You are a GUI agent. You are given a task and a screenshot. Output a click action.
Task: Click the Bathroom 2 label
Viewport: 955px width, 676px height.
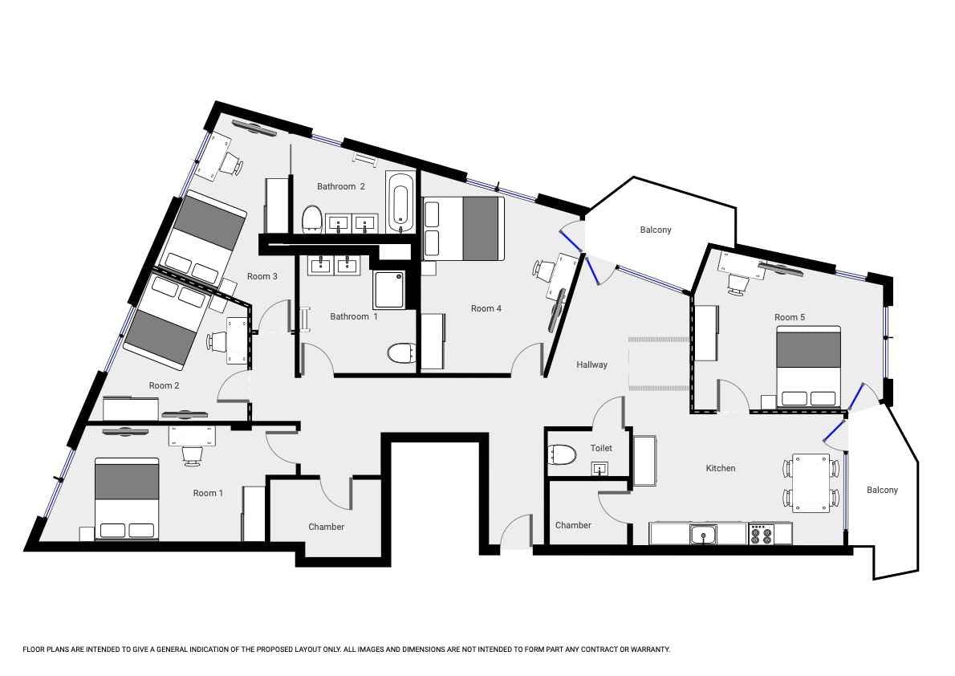coord(340,186)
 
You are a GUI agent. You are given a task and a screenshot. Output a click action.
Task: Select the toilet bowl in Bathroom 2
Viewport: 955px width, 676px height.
coord(312,218)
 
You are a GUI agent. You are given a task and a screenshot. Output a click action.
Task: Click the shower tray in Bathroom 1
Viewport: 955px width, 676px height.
coord(388,290)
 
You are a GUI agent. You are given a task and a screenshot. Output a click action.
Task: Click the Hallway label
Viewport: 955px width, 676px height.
coord(592,364)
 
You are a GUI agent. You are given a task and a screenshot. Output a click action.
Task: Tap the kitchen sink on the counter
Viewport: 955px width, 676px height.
coord(704,536)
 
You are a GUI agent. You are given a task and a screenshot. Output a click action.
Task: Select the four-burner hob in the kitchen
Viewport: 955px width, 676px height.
coord(762,534)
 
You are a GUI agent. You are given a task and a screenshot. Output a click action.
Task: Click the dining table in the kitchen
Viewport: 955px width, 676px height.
coord(811,483)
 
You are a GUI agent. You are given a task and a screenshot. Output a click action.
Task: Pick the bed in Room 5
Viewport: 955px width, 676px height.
coord(809,367)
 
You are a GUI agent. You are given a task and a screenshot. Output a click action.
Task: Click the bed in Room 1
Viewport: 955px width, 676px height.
coord(127,499)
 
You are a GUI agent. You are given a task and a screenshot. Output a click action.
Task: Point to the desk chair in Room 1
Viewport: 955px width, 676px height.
coord(192,454)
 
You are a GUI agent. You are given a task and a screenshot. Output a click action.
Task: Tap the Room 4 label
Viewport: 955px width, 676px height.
coord(486,308)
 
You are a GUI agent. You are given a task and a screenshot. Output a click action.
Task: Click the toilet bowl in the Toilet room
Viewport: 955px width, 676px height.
coord(563,454)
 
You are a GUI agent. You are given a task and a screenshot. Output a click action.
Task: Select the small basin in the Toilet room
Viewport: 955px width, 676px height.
coord(600,468)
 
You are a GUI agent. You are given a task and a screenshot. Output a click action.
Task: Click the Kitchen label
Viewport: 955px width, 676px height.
coord(721,468)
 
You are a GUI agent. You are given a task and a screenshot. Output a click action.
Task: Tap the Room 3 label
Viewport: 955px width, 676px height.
coord(262,276)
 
